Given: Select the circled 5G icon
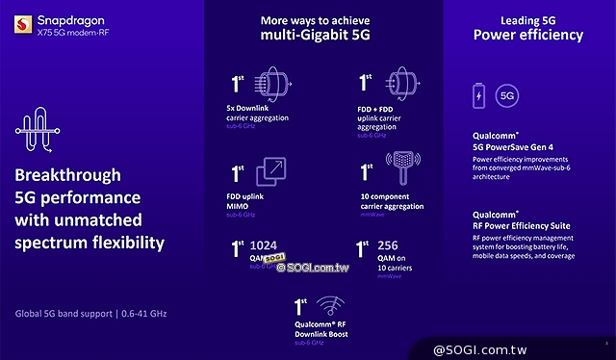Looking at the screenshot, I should (x=508, y=96).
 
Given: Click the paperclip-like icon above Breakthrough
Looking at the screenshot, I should (x=33, y=131).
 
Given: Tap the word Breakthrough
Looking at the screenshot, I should (x=67, y=176).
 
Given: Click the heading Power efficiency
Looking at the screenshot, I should (x=527, y=36).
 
